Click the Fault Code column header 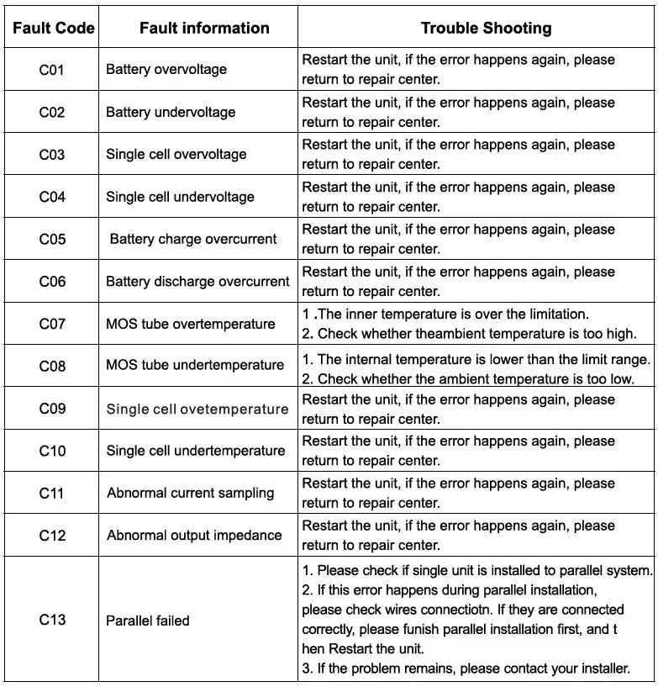click(53, 28)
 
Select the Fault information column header click(204, 28)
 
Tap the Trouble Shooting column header click(486, 28)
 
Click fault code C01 click(52, 70)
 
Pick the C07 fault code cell click(52, 324)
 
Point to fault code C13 click(52, 620)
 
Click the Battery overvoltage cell click(166, 70)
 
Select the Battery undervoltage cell click(171, 112)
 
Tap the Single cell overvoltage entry click(176, 155)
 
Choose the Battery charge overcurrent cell click(193, 239)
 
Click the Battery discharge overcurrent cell click(197, 282)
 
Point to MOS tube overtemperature click(191, 324)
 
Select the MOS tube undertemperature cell click(195, 366)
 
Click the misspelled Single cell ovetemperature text click(197, 409)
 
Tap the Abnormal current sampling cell click(191, 493)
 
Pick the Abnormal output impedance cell click(194, 535)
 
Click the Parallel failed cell click(148, 621)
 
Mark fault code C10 click(52, 451)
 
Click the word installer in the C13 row click(603, 669)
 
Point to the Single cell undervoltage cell click(180, 197)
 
